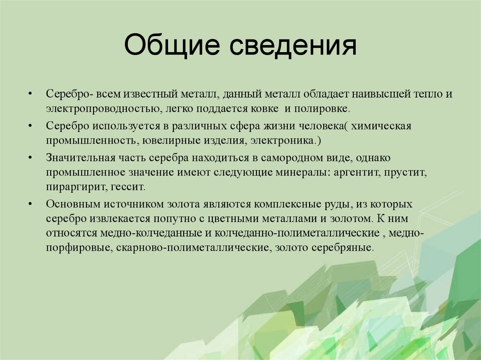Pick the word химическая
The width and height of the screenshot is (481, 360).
[x=381, y=126]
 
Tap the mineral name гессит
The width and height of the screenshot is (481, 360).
[x=128, y=186]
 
